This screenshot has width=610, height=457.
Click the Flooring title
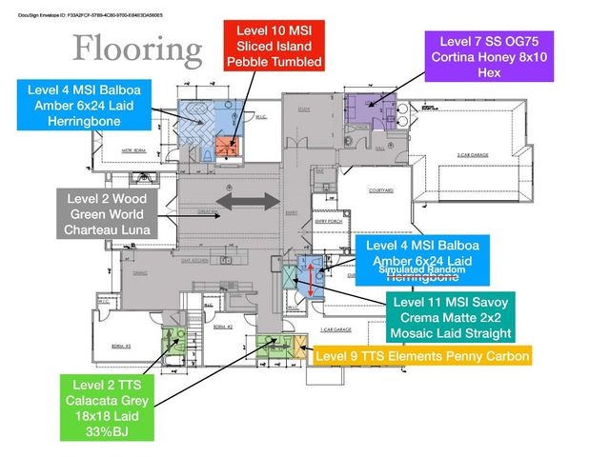[138, 48]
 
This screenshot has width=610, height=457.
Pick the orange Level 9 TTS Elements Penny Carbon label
[421, 356]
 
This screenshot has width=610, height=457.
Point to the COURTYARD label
[380, 190]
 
